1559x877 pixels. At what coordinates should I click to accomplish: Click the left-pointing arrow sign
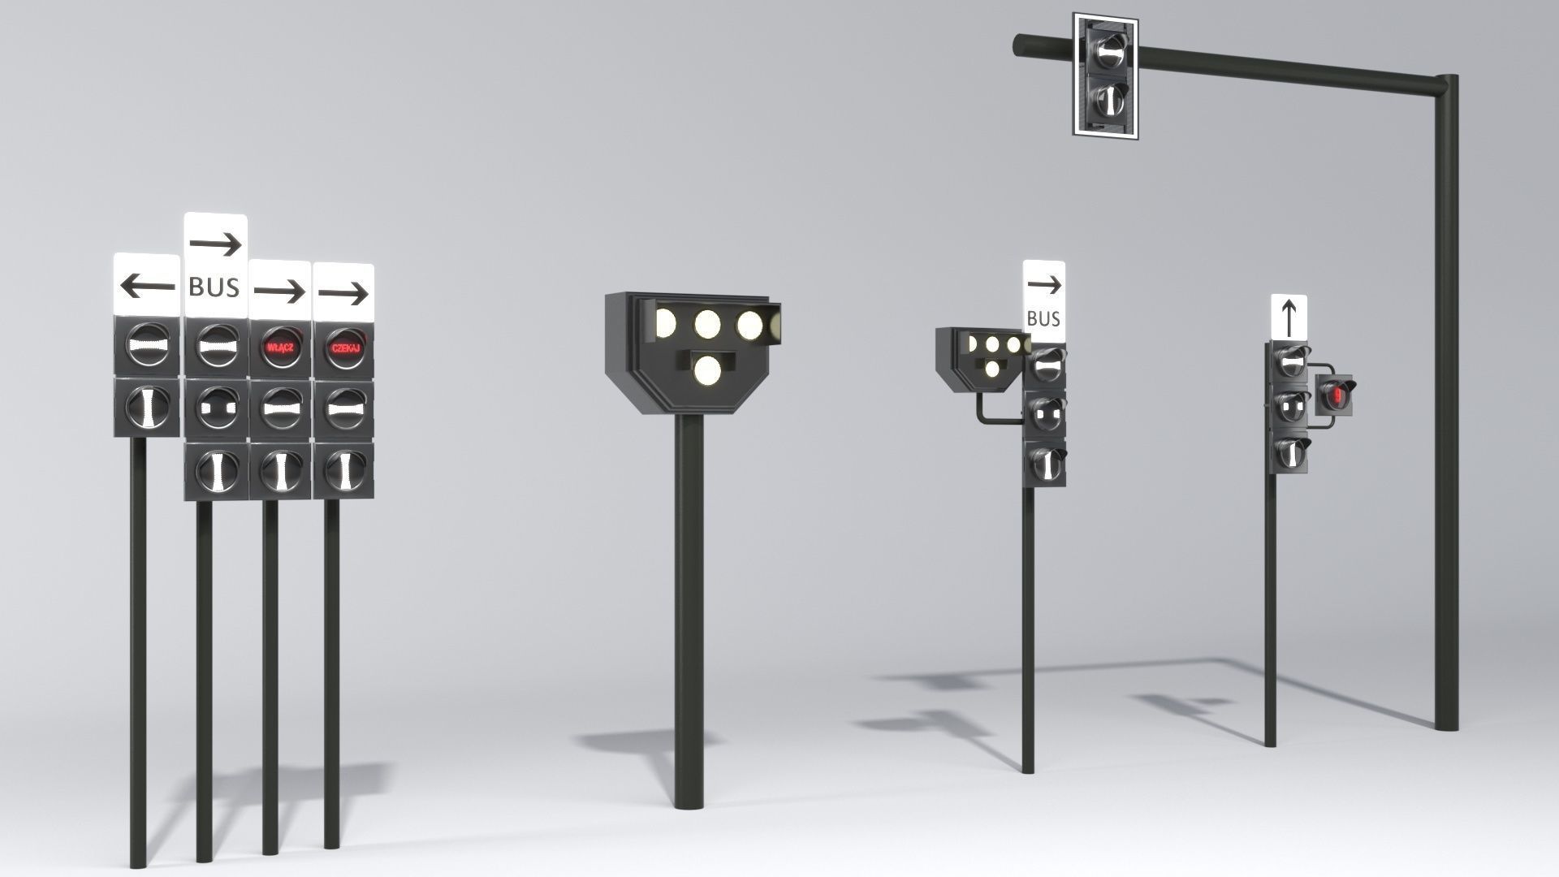(x=147, y=285)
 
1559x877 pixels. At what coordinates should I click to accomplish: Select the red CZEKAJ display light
(x=344, y=348)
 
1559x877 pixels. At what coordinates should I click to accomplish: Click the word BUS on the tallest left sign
(x=214, y=287)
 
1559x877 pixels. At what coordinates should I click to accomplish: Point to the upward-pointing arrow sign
(x=1289, y=317)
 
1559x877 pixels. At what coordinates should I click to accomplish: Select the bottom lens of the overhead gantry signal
(x=1106, y=100)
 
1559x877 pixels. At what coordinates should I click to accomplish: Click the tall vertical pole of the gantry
(x=1445, y=406)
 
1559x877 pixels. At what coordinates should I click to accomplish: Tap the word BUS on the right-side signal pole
(x=1043, y=319)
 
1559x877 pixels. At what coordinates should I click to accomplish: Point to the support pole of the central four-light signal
(x=689, y=609)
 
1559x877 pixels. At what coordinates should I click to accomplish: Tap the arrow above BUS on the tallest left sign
(x=215, y=243)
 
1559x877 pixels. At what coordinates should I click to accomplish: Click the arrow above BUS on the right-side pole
(x=1044, y=284)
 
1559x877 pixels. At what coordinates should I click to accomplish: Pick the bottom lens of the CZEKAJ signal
(x=343, y=469)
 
